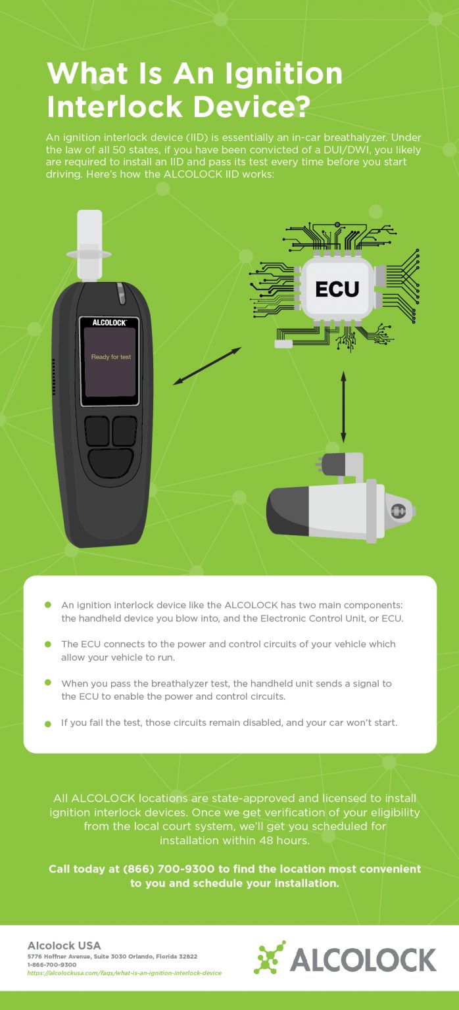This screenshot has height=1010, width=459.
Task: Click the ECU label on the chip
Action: pos(337,289)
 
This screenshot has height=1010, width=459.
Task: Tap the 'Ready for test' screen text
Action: pos(110,357)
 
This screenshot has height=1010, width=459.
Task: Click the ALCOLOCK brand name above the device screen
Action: pos(109,323)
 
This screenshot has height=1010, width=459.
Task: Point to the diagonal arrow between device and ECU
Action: pos(206,366)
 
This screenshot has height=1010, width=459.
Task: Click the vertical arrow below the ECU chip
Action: pos(343,406)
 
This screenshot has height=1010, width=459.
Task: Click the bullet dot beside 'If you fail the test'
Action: pos(47,723)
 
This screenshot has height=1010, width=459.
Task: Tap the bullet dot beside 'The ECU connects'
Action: pos(47,644)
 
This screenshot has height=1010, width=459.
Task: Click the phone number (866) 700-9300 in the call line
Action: pos(169,869)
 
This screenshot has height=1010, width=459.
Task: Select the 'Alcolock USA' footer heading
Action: pos(64,946)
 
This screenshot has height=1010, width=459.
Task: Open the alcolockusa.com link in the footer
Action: pos(124,973)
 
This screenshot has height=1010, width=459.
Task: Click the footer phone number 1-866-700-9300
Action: pos(52,964)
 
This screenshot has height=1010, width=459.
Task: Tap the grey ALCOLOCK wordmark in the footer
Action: pos(363,960)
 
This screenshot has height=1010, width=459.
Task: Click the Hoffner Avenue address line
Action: pos(112,956)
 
